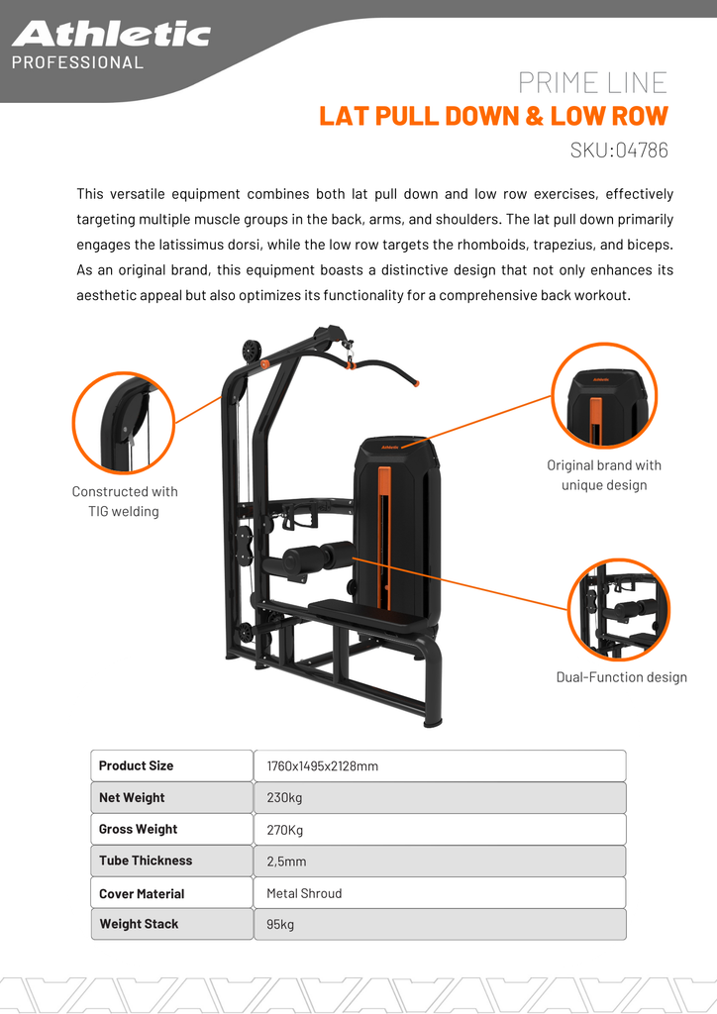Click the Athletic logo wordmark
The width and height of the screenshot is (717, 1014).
click(x=111, y=35)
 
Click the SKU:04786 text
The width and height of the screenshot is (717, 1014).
click(x=619, y=151)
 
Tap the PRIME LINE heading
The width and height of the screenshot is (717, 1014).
click(x=592, y=82)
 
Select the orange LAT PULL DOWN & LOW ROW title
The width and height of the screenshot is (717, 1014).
click(x=493, y=116)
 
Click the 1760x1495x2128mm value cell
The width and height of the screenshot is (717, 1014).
click(x=440, y=765)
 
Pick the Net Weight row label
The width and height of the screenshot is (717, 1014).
click(x=172, y=797)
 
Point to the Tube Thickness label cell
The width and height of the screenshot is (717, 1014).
click(x=172, y=861)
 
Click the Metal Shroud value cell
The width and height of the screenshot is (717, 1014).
click(x=440, y=893)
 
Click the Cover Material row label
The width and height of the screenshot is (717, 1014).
click(x=172, y=893)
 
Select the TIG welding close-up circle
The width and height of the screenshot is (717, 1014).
click(x=124, y=423)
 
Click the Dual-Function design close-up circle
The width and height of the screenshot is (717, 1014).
click(x=619, y=610)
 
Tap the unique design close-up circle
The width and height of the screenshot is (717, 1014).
click(x=604, y=393)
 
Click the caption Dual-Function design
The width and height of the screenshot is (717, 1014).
click(x=621, y=677)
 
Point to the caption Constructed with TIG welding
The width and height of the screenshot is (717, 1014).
click(x=125, y=501)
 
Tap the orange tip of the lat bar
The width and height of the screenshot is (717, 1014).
click(x=417, y=382)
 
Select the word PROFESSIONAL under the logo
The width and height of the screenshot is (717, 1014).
click(x=77, y=62)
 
